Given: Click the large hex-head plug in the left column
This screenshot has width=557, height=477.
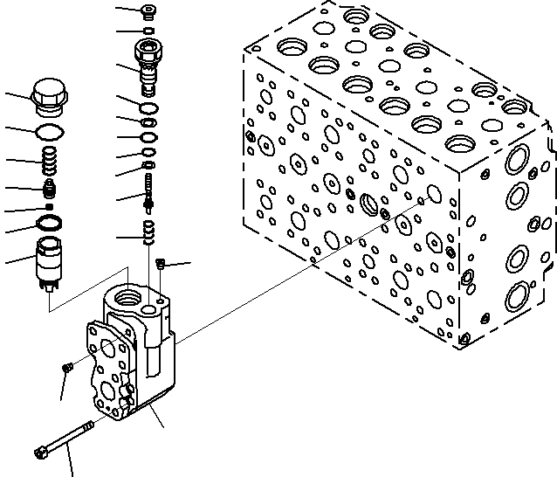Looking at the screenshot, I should (49, 96).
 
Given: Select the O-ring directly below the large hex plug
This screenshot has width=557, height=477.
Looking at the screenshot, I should (49, 132).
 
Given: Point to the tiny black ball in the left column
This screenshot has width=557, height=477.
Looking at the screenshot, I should (50, 206).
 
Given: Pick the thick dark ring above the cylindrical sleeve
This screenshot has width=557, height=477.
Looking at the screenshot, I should (50, 224).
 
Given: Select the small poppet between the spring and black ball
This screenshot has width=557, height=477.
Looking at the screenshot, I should (50, 188).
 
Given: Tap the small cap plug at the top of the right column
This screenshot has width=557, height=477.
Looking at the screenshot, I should (149, 11).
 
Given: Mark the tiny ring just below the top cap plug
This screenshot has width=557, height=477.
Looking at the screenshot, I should (149, 31).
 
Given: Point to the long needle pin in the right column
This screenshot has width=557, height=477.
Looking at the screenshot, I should (149, 190).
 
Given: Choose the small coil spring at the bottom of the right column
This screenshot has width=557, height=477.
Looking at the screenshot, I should (149, 232).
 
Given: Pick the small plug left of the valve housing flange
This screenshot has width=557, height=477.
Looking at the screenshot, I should (67, 368).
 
